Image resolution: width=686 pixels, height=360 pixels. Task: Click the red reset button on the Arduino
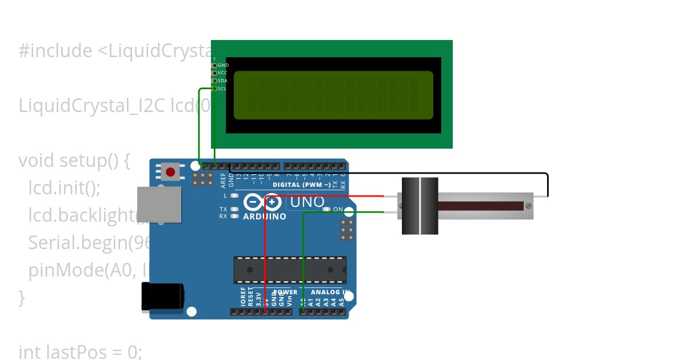coord(170,171)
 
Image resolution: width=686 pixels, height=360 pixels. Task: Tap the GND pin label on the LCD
coord(223,66)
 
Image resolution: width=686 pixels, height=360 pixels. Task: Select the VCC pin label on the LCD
coord(223,73)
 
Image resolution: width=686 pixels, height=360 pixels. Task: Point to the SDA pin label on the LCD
coord(223,81)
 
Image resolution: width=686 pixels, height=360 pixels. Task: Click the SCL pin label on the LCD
coord(222,89)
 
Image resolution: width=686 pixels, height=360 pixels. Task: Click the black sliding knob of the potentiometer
coord(420,206)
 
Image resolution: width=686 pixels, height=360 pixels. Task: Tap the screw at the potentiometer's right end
coord(529,205)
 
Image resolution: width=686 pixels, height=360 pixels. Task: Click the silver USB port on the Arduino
coord(159,204)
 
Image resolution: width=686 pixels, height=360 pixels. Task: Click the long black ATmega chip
coord(290,270)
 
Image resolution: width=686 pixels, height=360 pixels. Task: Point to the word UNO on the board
coord(308,202)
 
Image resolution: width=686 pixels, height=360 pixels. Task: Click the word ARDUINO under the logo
coord(265,217)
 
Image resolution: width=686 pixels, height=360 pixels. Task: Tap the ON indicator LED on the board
coord(326,209)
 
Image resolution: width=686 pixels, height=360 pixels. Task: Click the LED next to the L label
coord(234,196)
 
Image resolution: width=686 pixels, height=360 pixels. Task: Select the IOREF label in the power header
coord(243,298)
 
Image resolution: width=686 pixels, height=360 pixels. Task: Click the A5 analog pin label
coord(341,302)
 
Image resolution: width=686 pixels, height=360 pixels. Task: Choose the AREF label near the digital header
coord(224,181)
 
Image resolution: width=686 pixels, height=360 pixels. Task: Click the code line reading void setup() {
coord(74,161)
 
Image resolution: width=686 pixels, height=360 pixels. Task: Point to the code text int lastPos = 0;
coord(80,352)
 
